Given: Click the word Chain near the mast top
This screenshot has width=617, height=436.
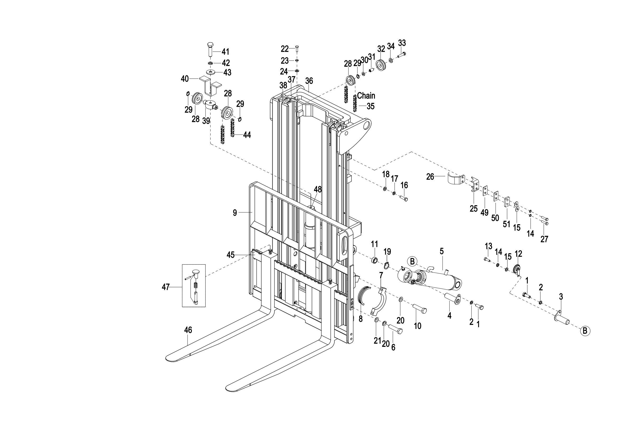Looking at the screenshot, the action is [x=366, y=96].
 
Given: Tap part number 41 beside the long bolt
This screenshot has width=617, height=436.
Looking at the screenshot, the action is [x=225, y=52].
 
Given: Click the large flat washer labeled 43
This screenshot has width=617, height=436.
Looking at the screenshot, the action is [x=210, y=72].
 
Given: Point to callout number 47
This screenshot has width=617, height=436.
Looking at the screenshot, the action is [x=165, y=287].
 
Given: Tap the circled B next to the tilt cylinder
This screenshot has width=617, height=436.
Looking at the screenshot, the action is [x=412, y=261].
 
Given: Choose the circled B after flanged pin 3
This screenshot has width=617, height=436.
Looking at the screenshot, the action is [x=585, y=331].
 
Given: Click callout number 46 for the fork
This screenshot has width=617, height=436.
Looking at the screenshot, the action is [x=188, y=330].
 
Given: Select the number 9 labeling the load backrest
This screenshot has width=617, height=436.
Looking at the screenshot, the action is [x=235, y=213].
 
